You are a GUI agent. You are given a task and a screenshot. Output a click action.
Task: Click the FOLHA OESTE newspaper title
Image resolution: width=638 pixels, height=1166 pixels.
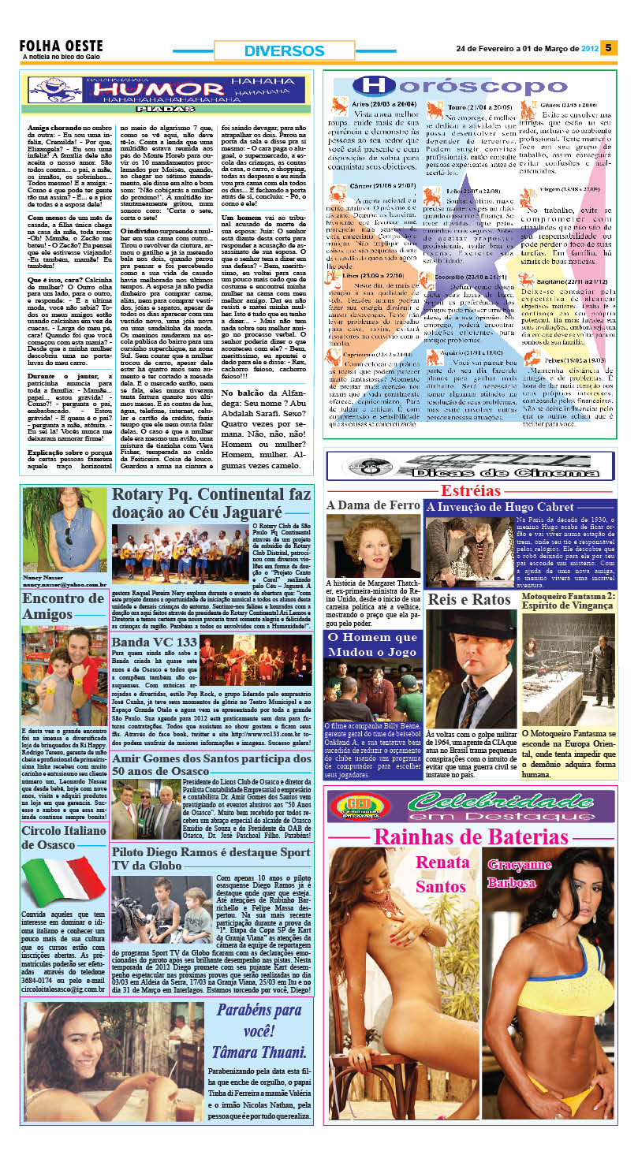(61, 46)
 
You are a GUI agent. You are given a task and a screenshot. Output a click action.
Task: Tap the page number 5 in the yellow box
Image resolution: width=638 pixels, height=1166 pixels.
(609, 48)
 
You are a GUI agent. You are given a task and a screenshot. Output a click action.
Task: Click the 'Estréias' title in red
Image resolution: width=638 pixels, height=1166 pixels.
(478, 490)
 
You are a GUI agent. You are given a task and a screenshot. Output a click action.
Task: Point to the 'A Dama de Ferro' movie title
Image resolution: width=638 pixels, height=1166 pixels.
(373, 505)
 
